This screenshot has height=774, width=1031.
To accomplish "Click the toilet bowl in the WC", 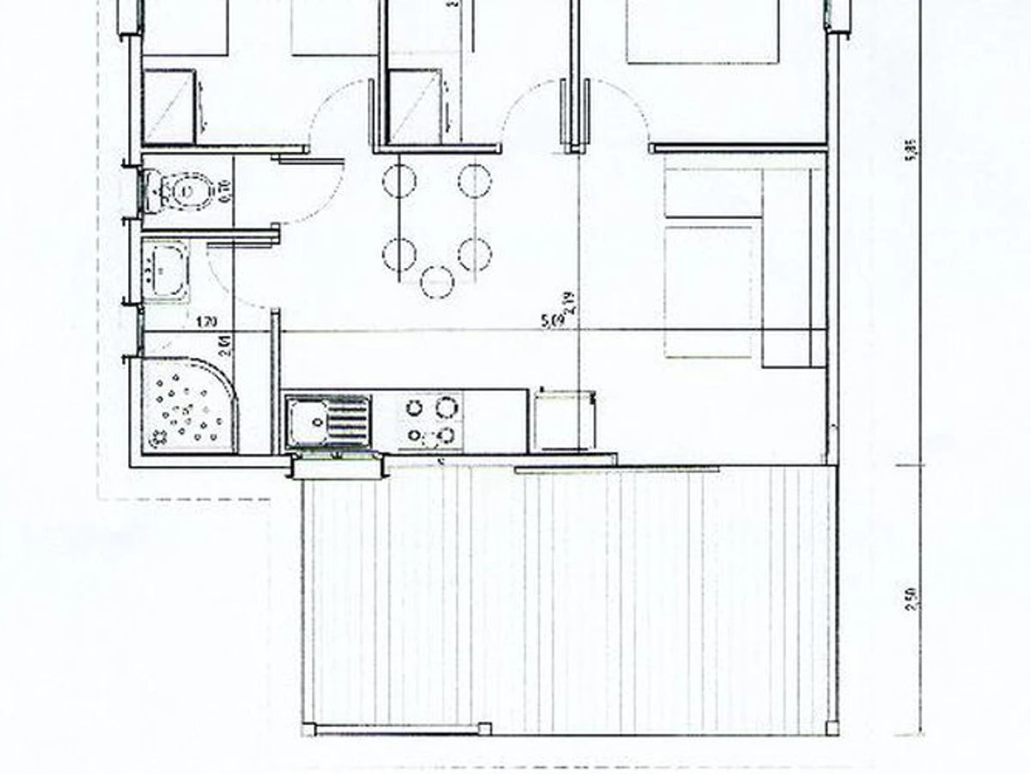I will (191, 189).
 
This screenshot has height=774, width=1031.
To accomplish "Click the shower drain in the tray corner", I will (160, 439).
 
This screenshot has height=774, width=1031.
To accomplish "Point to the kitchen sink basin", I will (306, 421).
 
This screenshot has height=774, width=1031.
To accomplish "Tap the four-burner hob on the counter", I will (430, 421).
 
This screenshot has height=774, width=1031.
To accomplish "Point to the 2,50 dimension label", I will (912, 597).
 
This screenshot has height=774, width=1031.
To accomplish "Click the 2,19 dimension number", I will (569, 304).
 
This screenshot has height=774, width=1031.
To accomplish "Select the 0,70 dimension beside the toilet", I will (229, 189).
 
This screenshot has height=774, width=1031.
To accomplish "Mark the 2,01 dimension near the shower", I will (225, 348).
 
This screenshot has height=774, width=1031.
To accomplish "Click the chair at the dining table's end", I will (437, 280).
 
